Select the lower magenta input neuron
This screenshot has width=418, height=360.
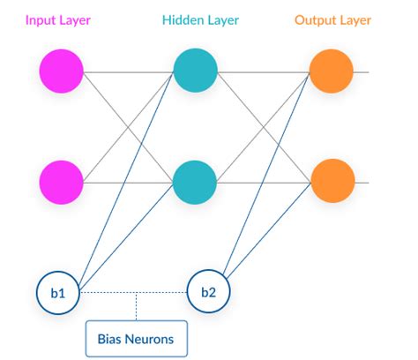[62, 181]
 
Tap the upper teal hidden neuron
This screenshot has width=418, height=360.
[195, 71]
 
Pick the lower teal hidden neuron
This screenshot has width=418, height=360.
[195, 181]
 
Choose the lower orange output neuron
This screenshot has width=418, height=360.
[331, 181]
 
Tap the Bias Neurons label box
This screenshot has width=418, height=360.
[136, 336]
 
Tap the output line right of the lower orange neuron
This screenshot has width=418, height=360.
[362, 181]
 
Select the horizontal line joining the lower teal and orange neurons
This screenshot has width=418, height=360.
[263, 181]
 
